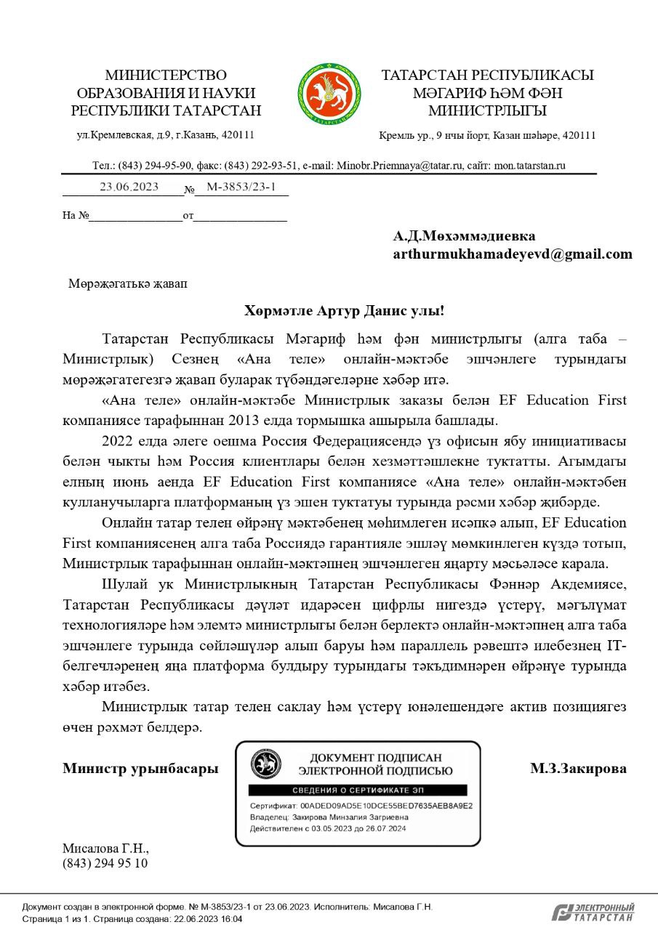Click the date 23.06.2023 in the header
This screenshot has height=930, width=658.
pos(129,186)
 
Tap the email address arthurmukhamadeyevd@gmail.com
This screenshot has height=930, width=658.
pos(512,254)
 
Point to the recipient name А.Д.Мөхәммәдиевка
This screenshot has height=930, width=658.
pos(464,236)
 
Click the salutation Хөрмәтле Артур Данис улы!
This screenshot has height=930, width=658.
pos(344,311)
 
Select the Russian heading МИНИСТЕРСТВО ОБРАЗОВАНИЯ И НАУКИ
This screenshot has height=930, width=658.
pos(166,84)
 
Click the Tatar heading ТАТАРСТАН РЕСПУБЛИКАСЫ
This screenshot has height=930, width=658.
pos(487,76)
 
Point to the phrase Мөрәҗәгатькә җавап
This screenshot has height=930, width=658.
pos(127,283)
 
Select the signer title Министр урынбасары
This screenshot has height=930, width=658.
pos(140,768)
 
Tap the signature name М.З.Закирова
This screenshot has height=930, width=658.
pos(578,768)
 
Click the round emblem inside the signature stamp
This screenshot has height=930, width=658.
pos(266,764)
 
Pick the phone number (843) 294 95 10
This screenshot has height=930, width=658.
pos(105,863)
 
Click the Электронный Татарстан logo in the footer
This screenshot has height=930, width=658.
pos(593,913)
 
